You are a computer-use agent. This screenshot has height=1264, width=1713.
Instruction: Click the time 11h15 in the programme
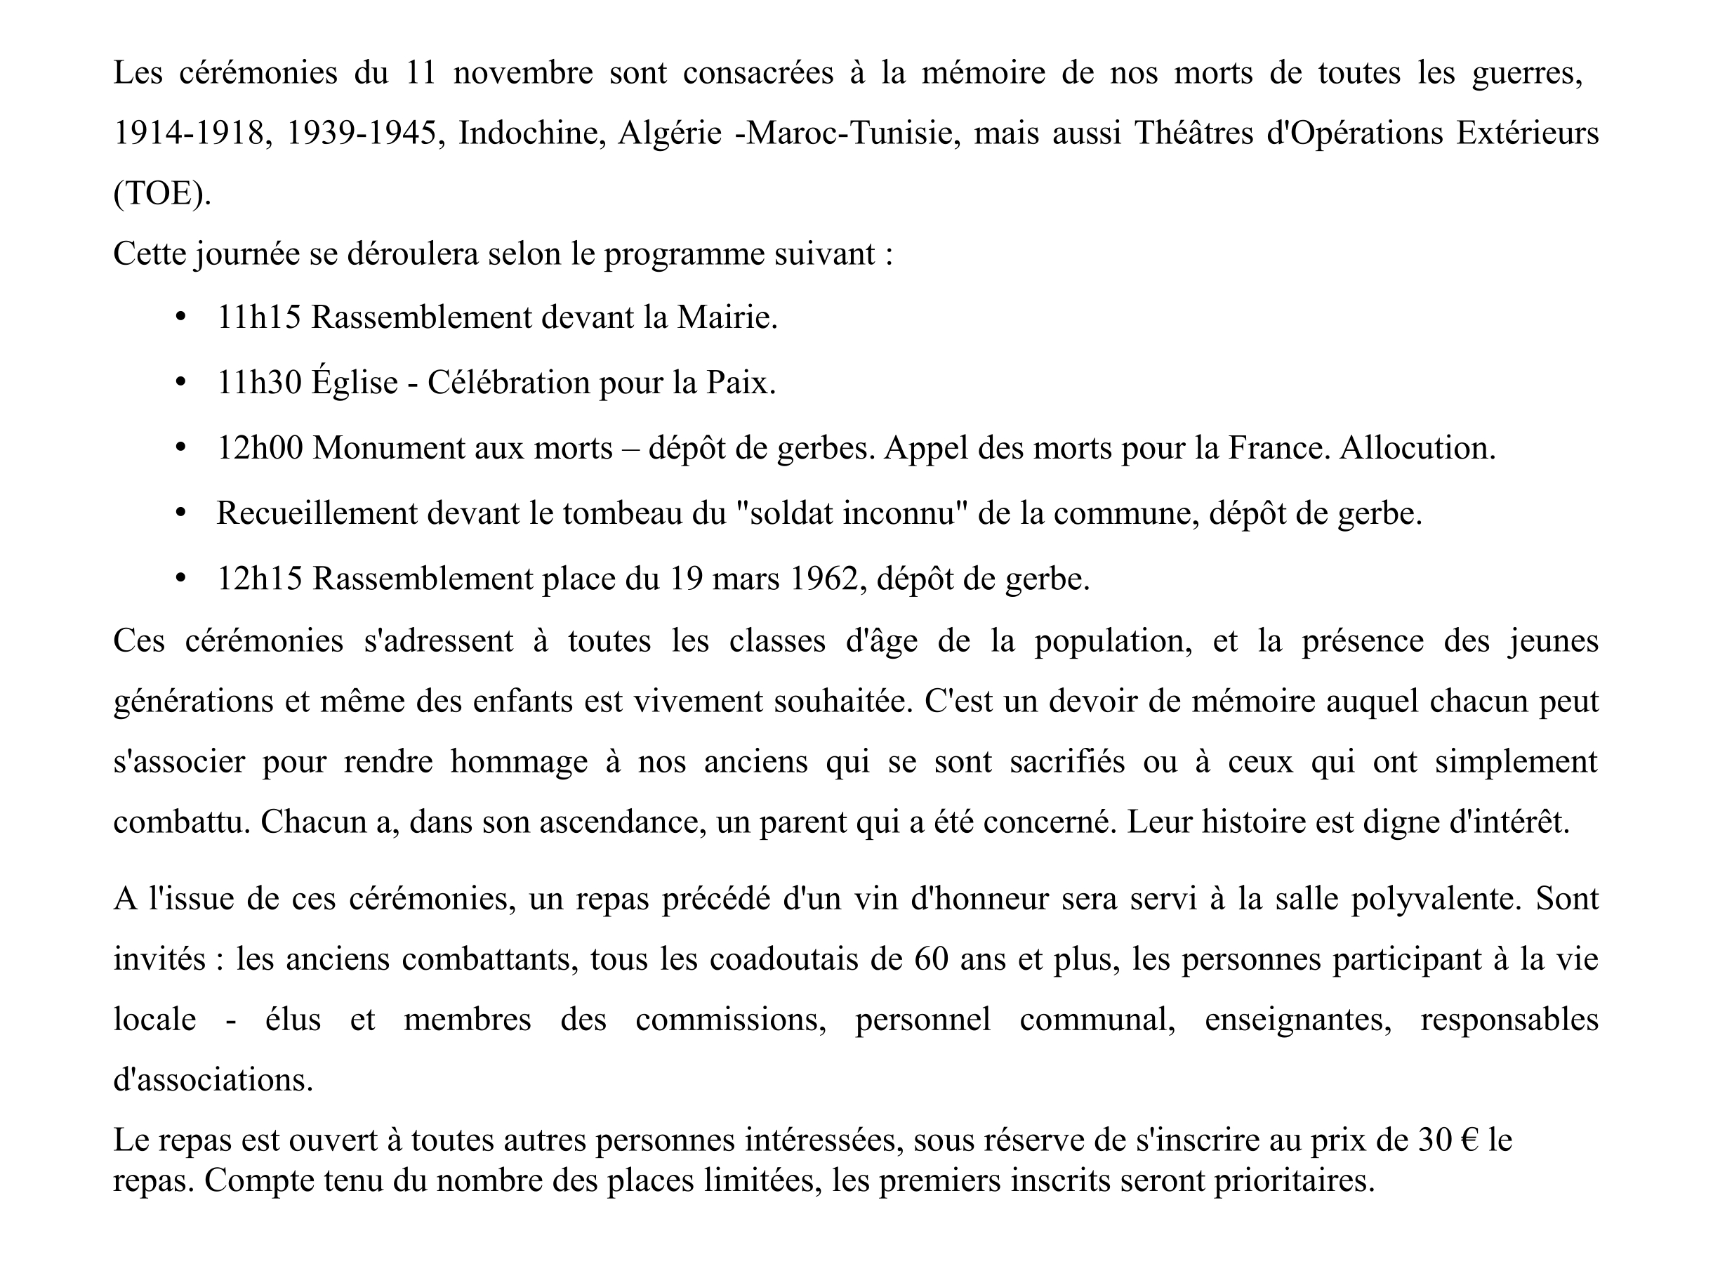(259, 317)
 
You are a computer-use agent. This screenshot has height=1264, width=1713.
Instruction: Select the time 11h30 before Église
(259, 383)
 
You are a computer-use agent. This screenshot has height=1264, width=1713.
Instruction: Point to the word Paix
(739, 383)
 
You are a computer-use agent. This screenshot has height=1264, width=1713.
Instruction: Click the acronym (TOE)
(161, 194)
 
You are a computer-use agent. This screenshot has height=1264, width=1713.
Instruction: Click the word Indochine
(532, 134)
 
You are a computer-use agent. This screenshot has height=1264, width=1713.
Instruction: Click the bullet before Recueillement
(180, 513)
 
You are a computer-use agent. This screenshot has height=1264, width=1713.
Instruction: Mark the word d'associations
(213, 1080)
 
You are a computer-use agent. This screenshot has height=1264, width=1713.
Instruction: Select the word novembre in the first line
(523, 74)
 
